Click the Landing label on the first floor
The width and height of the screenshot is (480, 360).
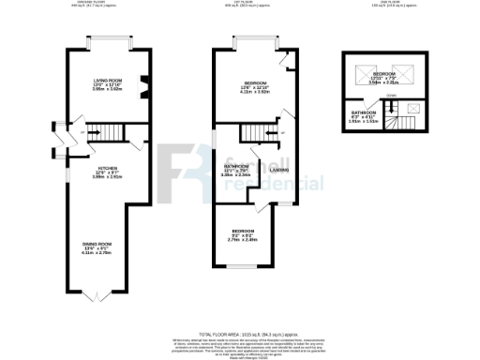(279, 170)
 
